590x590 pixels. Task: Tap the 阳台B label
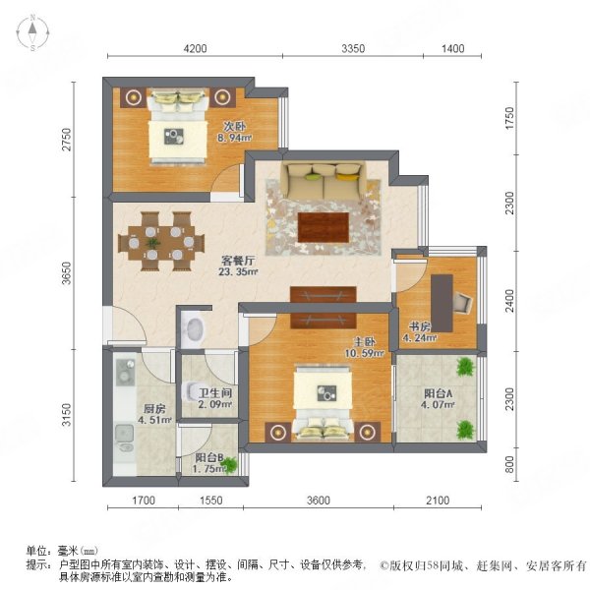206,456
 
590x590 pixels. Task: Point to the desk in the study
442,299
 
